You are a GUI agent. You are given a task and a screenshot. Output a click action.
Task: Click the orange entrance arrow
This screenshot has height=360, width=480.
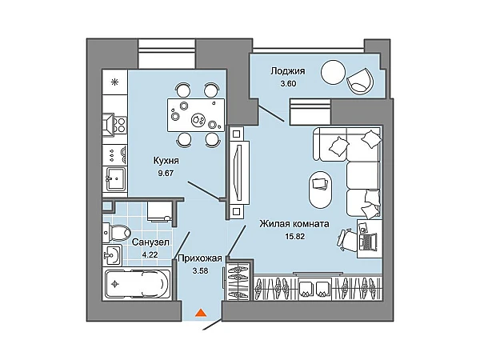(200, 313)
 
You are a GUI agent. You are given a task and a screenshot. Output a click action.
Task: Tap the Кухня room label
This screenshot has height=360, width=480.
(166, 161)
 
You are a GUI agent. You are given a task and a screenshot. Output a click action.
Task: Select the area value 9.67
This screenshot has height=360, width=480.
(166, 174)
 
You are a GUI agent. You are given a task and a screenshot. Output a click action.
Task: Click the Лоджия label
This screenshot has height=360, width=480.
(288, 71)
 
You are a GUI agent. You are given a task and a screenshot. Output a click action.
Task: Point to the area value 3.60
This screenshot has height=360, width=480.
(288, 83)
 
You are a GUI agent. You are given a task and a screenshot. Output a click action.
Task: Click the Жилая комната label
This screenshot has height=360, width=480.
(294, 224)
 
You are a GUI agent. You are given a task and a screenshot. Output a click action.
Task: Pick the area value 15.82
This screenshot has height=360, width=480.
(294, 236)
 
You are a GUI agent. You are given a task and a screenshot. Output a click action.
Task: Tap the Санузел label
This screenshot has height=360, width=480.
(150, 242)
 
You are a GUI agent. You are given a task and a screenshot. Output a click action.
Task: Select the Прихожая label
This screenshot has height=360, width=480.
(200, 258)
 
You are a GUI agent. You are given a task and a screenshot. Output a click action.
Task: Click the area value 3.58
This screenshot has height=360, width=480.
(201, 271)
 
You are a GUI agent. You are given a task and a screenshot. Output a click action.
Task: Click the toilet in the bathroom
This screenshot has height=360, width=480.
(117, 233)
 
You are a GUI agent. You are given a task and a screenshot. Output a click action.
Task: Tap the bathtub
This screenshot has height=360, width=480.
(137, 284)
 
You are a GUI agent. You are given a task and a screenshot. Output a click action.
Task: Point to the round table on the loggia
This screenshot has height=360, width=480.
(333, 72)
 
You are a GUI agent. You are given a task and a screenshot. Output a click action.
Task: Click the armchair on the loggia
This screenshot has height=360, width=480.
(360, 80)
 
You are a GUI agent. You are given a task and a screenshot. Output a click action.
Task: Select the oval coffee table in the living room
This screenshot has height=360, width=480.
(320, 190)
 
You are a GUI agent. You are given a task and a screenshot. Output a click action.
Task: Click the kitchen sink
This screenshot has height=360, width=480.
(115, 178)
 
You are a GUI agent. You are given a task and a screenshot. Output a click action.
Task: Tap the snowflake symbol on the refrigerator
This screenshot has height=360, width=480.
(114, 82)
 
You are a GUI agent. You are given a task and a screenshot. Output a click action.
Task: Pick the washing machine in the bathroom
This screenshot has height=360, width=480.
(159, 210)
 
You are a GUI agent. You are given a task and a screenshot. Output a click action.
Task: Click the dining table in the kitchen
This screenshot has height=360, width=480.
(196, 115)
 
